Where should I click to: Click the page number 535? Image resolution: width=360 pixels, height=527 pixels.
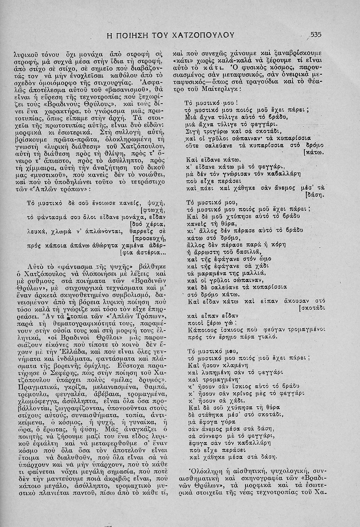318,34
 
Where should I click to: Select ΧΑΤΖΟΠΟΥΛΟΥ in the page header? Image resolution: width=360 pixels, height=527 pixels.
203,35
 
